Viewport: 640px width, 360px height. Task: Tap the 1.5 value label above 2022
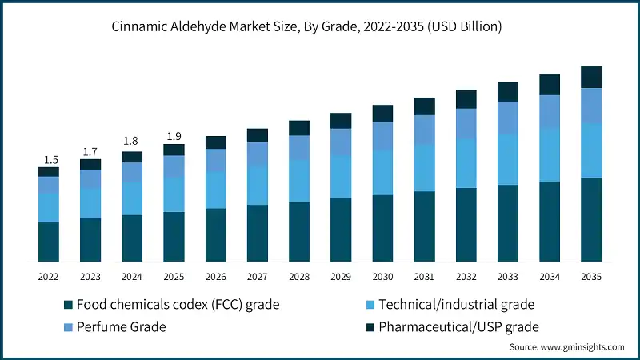49,158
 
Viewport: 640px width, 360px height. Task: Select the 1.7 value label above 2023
90,150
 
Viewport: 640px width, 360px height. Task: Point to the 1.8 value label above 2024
132,142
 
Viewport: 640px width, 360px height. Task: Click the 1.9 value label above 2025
174,135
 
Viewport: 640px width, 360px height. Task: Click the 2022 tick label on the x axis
49,276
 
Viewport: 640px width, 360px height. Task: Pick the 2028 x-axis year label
299,276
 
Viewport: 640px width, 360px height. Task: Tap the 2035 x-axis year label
591,276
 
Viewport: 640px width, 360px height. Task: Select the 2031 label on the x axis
424,276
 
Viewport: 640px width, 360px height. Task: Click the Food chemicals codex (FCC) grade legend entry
171,305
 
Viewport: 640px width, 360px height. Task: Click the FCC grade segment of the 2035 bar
591,220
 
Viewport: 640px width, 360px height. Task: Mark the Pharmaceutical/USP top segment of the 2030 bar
382,113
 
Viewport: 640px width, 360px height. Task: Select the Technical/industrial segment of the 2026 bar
216,190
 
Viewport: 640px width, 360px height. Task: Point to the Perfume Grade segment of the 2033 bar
508,118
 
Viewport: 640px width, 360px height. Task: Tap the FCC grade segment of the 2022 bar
49,242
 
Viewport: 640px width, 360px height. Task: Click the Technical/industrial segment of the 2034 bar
550,154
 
